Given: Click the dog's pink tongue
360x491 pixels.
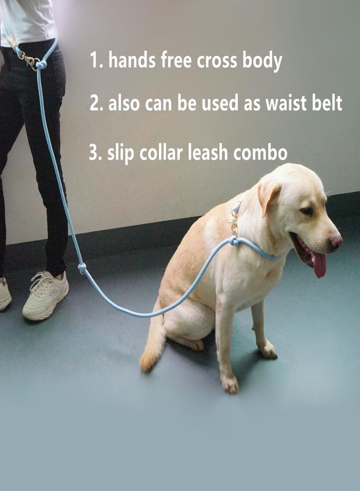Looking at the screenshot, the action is coord(319,264).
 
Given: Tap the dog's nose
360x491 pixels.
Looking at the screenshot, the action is coord(336,241).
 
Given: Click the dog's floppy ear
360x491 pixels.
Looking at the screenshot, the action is coord(268,196).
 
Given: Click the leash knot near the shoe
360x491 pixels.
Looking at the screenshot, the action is coord(82,267).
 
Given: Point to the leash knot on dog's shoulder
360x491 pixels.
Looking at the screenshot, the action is coord(235,242).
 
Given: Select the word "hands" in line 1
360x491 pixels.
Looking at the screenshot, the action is coord(132,60).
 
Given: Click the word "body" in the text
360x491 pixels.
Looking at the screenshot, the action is coord(262,61).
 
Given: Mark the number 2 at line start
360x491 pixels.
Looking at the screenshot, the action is coord(94,103).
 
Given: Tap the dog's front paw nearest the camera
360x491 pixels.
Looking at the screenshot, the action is coord(230,384).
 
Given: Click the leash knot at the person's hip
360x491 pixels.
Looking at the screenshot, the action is coord(41,64).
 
